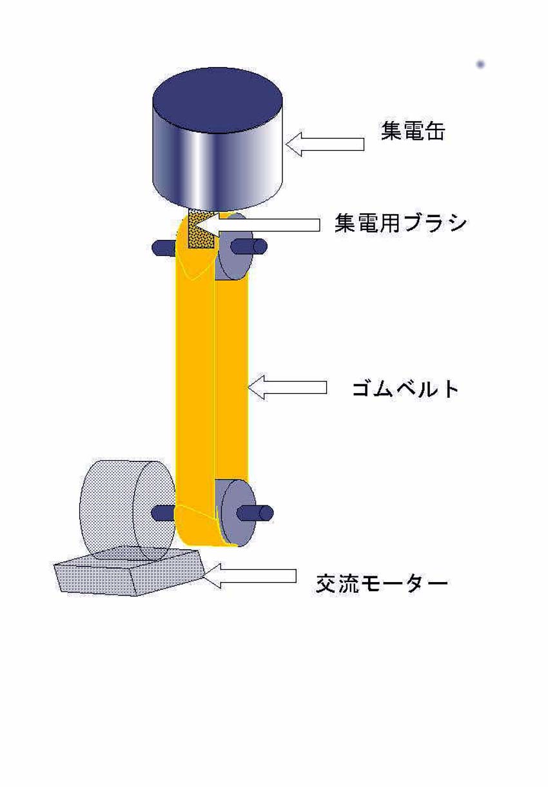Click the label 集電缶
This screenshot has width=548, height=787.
coord(413,131)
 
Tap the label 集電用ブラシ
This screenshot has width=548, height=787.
coord(400,223)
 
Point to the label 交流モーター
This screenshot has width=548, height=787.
coord(382,583)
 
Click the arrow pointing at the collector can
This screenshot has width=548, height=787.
coord(325,144)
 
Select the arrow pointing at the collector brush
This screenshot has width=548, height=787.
coord(257,225)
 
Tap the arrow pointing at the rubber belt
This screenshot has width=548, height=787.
coord(287,387)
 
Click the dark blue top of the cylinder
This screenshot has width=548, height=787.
coord(217,101)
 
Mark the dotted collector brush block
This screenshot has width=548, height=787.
coord(201,229)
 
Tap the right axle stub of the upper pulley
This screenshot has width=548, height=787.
coord(250,246)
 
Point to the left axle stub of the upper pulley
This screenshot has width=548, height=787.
coord(164,248)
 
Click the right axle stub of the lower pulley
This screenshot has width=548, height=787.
coord(255,513)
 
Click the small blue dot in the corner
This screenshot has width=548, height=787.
coord(480,64)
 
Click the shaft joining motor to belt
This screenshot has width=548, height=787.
coord(164,513)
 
